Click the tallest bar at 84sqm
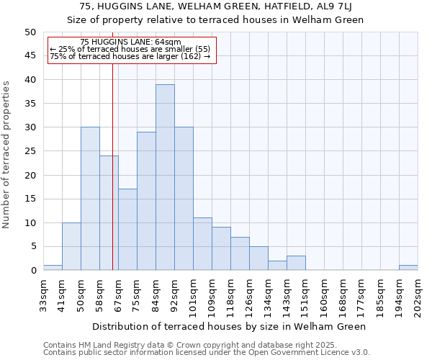click(x=165, y=177)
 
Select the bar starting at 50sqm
click(x=90, y=199)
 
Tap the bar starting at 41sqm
click(x=71, y=246)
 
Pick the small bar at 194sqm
click(x=408, y=268)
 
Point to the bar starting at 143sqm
click(x=296, y=263)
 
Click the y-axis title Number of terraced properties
click(x=6, y=154)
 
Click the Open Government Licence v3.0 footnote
click(x=207, y=353)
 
